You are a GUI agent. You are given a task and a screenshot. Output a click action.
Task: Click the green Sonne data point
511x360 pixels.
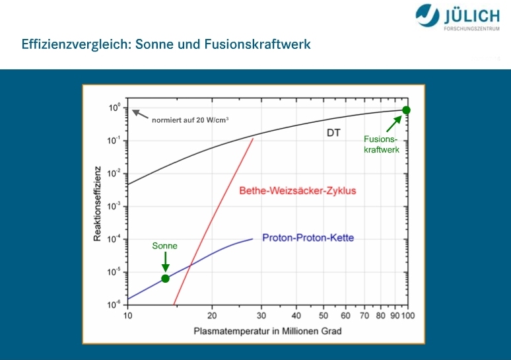coord(165,279)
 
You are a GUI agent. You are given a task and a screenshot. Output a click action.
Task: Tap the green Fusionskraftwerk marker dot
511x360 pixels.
coord(406,110)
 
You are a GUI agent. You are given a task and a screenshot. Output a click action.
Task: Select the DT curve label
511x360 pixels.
coord(333,133)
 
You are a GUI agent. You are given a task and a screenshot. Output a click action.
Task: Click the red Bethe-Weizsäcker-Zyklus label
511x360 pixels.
coord(298,190)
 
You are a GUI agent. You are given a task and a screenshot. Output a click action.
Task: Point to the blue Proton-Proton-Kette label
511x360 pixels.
coord(308,238)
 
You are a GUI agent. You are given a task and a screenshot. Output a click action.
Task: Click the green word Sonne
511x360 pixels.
coord(164,246)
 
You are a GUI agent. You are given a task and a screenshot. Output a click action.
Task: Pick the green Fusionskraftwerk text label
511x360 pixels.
coord(382,145)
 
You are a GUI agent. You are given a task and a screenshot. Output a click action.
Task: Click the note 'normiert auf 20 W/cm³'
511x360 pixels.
coord(190,120)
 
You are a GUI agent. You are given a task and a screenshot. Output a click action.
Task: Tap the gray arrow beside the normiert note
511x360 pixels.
coord(140,114)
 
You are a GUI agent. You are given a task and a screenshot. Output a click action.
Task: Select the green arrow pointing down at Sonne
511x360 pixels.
coord(165,262)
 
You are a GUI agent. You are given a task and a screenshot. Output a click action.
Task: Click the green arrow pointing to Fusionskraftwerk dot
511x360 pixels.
coord(394,124)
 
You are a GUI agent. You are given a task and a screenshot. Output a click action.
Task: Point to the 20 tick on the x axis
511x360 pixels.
coord(212,316)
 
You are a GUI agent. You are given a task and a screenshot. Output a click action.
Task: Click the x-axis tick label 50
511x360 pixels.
coord(324,316)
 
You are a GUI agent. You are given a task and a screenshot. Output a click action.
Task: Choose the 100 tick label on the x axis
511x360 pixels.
coord(408,316)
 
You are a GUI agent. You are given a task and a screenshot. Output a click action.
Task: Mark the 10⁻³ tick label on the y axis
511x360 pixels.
coord(114,206)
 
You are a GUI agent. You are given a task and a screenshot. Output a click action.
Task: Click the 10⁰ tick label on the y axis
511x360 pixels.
coord(114,108)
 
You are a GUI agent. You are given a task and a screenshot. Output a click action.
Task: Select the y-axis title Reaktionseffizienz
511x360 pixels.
coord(98,204)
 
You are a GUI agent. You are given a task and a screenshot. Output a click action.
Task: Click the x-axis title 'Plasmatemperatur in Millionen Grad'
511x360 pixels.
coord(267,332)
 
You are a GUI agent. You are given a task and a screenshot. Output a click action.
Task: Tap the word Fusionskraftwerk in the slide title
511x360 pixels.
coord(257,44)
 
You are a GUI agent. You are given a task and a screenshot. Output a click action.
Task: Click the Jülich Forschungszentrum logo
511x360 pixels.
coord(458,17)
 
